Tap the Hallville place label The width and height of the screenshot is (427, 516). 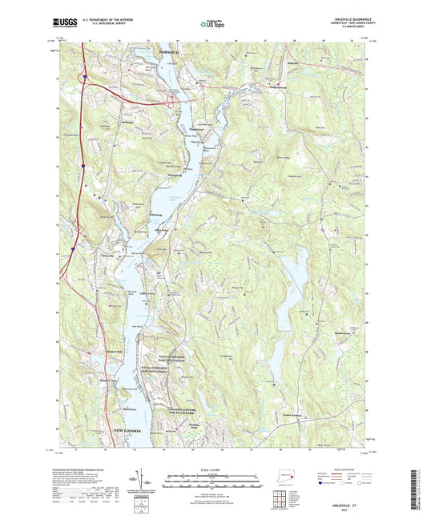[296, 59]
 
